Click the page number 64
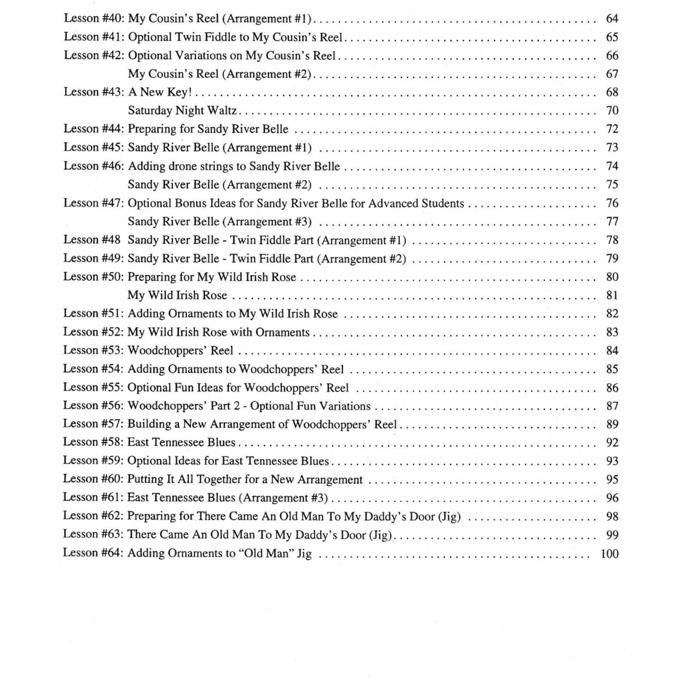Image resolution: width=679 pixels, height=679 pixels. [612, 18]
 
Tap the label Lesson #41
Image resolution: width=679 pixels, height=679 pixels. [93, 37]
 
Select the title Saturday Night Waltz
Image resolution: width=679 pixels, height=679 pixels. [182, 111]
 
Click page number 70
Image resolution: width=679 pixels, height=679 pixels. [612, 111]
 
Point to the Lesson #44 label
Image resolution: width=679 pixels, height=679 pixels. [93, 129]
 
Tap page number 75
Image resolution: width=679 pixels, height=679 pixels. [612, 185]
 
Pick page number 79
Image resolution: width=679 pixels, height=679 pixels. [612, 259]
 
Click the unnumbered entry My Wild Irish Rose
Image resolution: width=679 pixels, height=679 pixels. [177, 295]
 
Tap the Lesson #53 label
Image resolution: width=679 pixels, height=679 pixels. [93, 350]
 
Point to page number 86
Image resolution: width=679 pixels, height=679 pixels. [612, 388]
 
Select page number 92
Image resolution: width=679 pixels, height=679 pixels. [612, 443]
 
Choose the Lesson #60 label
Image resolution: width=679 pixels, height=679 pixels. [93, 479]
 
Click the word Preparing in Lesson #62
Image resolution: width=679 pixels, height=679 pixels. [151, 516]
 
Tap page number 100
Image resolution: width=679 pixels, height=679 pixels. [609, 553]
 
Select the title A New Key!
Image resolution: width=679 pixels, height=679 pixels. [160, 92]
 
